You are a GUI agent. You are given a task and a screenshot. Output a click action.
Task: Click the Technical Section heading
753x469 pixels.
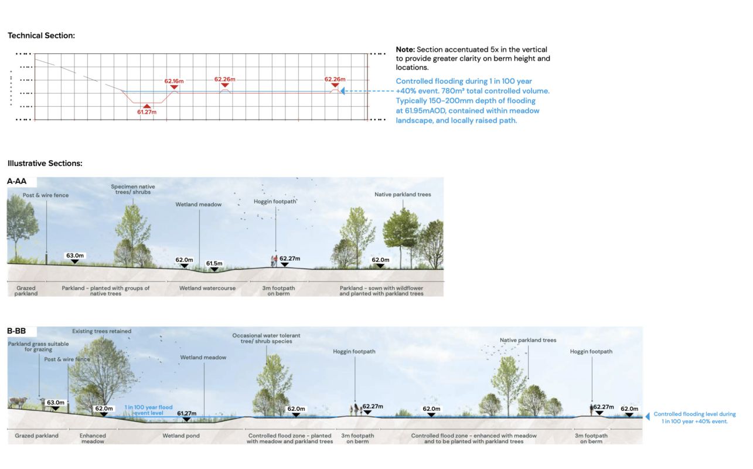41,36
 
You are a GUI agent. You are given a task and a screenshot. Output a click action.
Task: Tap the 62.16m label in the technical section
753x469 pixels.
174,80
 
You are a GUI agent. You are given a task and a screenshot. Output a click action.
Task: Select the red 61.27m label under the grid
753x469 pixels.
146,112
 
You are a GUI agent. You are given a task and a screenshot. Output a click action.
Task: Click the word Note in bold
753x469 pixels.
405,50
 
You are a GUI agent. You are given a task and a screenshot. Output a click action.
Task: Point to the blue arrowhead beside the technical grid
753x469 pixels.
343,91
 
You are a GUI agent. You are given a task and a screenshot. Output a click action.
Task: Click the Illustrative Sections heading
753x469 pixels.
45,164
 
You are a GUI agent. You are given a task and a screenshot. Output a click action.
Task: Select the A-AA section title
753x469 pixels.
17,182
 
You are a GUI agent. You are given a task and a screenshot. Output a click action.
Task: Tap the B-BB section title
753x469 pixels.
16,331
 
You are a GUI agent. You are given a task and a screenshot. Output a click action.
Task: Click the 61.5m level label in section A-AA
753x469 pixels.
214,264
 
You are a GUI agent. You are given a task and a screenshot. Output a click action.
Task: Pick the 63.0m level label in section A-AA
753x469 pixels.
74,256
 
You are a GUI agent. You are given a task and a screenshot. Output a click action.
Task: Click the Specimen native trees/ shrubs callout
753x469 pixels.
133,190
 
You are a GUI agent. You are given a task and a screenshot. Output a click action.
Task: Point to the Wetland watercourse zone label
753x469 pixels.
207,288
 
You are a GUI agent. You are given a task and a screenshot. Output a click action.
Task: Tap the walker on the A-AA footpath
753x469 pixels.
273,261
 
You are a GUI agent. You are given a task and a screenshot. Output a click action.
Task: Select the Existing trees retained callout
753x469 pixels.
101,331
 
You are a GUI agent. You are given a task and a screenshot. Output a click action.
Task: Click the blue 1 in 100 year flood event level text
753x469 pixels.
148,410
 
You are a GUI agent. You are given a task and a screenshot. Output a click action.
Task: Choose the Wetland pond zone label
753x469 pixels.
181,436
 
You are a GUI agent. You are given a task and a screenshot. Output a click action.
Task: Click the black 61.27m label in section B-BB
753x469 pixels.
187,413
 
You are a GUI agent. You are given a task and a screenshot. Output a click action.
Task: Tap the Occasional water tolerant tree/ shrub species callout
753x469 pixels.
266,339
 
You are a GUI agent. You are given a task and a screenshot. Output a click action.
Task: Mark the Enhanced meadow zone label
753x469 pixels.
93,439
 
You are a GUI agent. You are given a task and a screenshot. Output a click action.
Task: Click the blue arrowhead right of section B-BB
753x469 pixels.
648,417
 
